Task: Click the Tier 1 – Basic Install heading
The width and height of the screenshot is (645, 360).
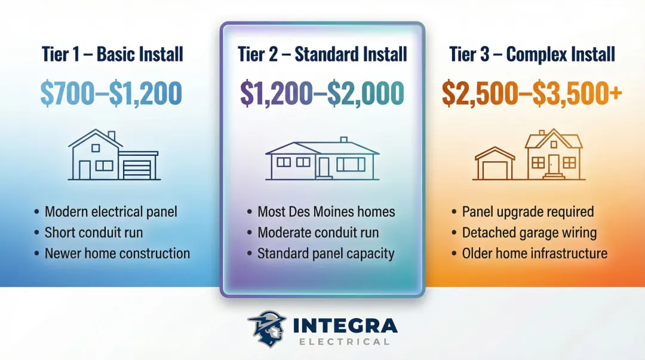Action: point(112,54)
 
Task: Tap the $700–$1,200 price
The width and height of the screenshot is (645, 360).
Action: point(112,93)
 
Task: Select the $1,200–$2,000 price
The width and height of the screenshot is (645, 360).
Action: point(322,93)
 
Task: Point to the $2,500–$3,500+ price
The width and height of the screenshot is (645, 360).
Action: point(532,93)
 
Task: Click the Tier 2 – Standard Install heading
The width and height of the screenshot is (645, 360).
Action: point(322,54)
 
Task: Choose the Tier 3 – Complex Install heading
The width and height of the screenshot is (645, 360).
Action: point(532,54)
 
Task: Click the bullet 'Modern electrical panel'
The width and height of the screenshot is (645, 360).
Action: point(111,212)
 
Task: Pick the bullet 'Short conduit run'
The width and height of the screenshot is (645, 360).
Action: point(94,232)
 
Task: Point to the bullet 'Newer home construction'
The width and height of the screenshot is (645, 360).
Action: point(117,253)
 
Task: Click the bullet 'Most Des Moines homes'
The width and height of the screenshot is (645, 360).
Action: point(326,212)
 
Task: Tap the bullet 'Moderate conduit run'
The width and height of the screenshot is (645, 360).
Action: point(318,232)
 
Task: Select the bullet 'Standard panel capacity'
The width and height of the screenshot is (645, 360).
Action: point(325,253)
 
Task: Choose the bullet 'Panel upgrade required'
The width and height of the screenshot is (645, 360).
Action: point(528,212)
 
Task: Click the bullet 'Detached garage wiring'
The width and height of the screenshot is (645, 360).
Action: point(529,232)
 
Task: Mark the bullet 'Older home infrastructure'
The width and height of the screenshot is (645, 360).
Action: point(535,253)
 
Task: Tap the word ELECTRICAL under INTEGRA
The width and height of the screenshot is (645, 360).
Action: point(344,341)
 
